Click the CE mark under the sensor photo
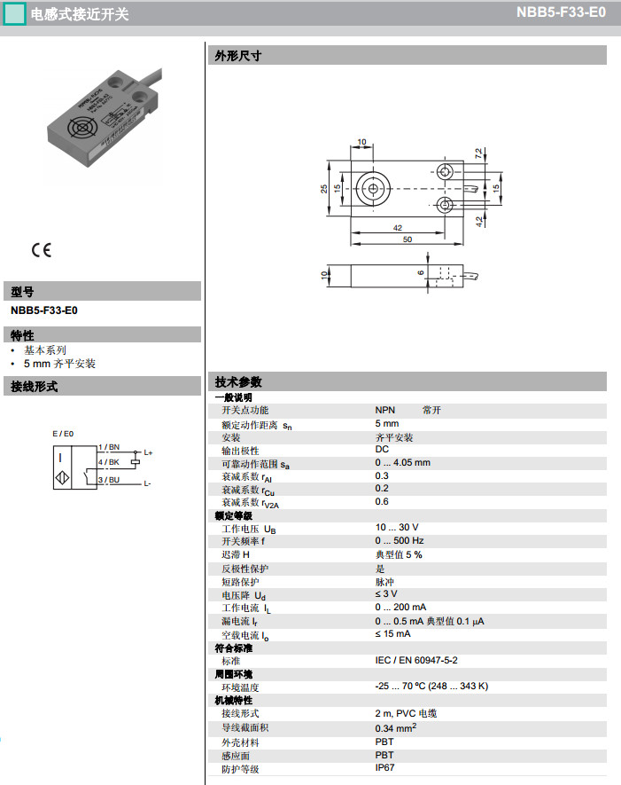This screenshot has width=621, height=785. pyautogui.click(x=42, y=249)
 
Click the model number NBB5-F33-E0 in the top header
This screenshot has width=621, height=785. pyautogui.click(x=561, y=13)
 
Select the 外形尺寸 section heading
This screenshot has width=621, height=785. pyautogui.click(x=238, y=56)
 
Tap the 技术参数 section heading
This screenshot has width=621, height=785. pyautogui.click(x=238, y=382)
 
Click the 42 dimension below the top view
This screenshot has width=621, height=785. pyautogui.click(x=398, y=228)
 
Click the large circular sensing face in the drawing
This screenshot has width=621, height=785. pyautogui.click(x=369, y=188)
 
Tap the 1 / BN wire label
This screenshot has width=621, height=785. pyautogui.click(x=109, y=446)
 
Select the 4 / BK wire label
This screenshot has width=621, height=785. pyautogui.click(x=109, y=462)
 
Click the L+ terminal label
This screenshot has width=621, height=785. pyautogui.click(x=148, y=453)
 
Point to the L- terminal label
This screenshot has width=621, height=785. pyautogui.click(x=147, y=483)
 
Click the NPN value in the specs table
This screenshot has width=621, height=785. pyautogui.click(x=384, y=411)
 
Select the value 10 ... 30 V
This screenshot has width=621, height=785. pyautogui.click(x=396, y=528)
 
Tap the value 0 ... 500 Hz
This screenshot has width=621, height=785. pyautogui.click(x=400, y=541)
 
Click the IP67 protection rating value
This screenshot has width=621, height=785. pyautogui.click(x=385, y=767)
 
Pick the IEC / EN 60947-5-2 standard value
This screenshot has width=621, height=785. pyautogui.click(x=416, y=661)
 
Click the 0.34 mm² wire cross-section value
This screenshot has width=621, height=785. pyautogui.click(x=396, y=727)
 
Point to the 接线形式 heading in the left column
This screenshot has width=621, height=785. pyautogui.click(x=35, y=387)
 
